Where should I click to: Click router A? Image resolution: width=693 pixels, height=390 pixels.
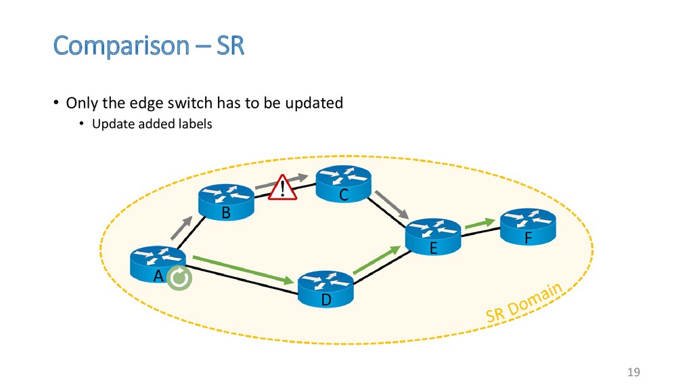pos(158,264)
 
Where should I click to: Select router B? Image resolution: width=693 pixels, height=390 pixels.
pos(226,202)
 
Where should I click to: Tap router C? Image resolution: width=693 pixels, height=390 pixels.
pos(343,183)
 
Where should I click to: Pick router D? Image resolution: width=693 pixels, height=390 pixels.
pos(326,289)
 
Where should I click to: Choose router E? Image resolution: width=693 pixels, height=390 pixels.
pos(433,236)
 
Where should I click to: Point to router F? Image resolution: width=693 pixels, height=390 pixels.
pos(528,226)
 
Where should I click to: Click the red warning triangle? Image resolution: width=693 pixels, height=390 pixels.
pos(282,188)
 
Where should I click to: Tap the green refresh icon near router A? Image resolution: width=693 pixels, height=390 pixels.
pos(179,278)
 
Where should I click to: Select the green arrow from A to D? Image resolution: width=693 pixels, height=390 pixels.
pos(244,269)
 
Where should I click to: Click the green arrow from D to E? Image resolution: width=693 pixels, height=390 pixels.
pos(377,261)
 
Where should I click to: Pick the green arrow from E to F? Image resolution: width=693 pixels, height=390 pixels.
pos(480,223)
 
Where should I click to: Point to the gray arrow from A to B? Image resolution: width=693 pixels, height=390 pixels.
pos(181,227)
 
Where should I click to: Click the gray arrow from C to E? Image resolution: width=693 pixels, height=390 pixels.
pos(392,204)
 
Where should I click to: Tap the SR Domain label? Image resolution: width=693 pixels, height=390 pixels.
pos(524,303)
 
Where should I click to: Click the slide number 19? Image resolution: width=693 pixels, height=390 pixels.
pos(633,372)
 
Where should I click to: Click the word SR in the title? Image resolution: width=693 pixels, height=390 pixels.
pos(230,45)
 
